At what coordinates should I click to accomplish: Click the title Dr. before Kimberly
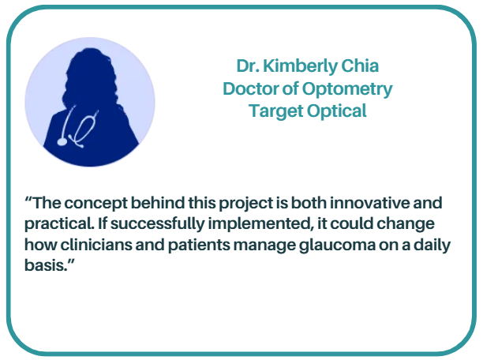click(x=248, y=66)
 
